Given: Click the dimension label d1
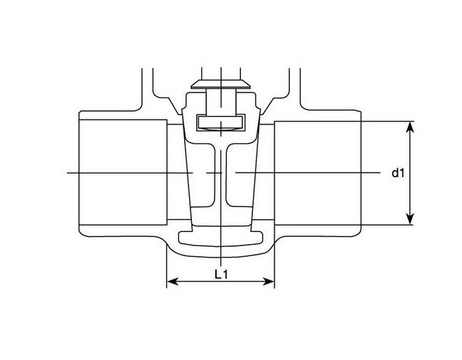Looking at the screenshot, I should point(398,173).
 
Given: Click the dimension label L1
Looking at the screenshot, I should point(220,274).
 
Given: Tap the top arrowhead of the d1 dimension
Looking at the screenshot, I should point(410,126).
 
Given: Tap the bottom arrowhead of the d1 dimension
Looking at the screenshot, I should point(410,221).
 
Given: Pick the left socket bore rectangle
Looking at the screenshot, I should point(122,173).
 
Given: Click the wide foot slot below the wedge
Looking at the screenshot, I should point(222,236).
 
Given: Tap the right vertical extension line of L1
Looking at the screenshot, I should point(275,267).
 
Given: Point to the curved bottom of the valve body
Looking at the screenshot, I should point(222,255).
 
